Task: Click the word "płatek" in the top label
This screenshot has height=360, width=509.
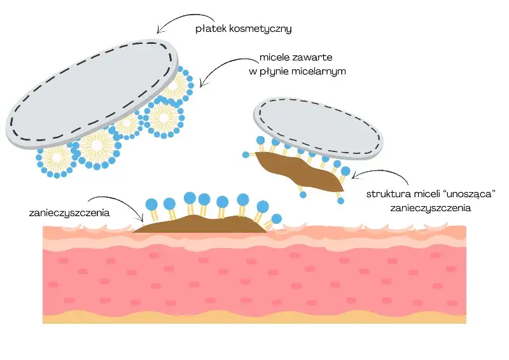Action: (211, 29)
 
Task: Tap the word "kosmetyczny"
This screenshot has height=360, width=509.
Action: (261, 29)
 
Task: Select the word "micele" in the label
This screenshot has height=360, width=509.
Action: (274, 57)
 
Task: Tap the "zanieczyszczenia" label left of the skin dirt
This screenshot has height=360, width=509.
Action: (69, 213)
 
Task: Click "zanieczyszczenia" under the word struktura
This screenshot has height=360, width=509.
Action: (431, 208)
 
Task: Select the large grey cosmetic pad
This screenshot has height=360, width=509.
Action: (92, 94)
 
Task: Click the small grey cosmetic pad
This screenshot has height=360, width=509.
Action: (318, 128)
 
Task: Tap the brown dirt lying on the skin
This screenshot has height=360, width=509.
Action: (200, 224)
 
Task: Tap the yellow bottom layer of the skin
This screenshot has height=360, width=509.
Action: (254, 319)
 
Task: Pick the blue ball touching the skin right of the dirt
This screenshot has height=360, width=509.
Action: (277, 219)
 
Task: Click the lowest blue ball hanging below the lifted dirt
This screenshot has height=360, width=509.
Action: (340, 201)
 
